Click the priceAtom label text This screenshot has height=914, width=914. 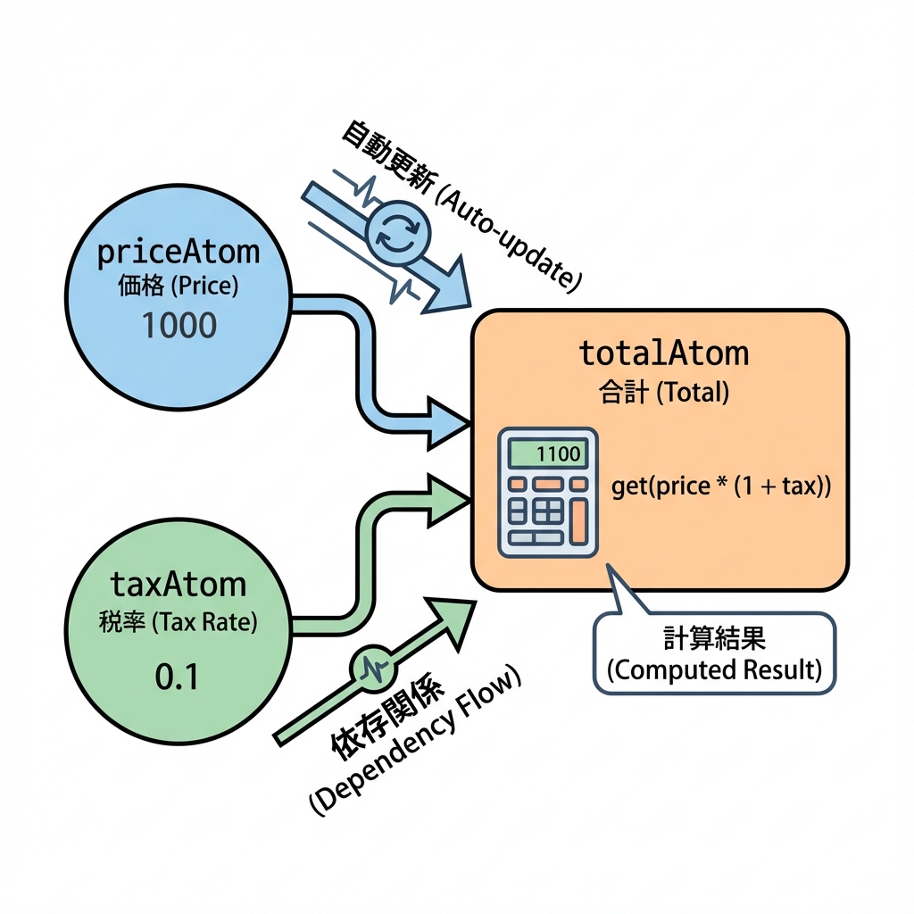tap(178, 253)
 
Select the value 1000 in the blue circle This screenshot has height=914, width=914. tap(179, 326)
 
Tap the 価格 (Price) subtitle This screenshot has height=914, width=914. tap(178, 287)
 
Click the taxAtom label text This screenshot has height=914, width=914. tap(178, 585)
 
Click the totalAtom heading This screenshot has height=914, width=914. tap(663, 353)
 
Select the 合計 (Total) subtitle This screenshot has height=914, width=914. tap(663, 393)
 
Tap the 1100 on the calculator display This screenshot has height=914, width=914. tap(559, 454)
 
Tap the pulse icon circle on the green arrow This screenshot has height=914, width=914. tap(373, 666)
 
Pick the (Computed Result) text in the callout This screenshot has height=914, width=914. tap(714, 669)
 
